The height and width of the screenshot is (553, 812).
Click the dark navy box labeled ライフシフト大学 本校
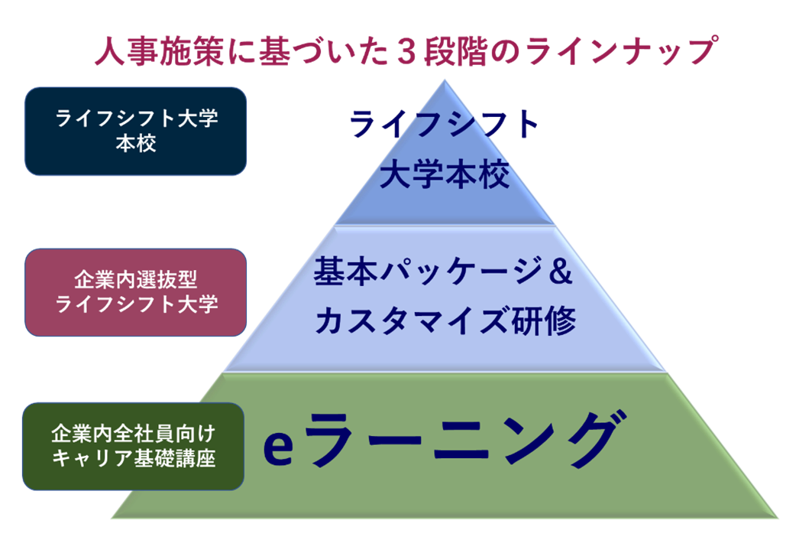[x=136, y=131]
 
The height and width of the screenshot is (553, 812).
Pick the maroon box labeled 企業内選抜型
[x=136, y=291]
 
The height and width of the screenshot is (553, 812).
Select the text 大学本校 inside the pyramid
[x=445, y=177]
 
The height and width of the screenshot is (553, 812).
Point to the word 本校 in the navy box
[x=136, y=143]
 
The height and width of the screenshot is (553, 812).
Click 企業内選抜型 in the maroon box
[x=136, y=278]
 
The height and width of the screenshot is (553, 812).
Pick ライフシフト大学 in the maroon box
[x=136, y=304]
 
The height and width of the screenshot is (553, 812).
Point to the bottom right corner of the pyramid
[x=776, y=517]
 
